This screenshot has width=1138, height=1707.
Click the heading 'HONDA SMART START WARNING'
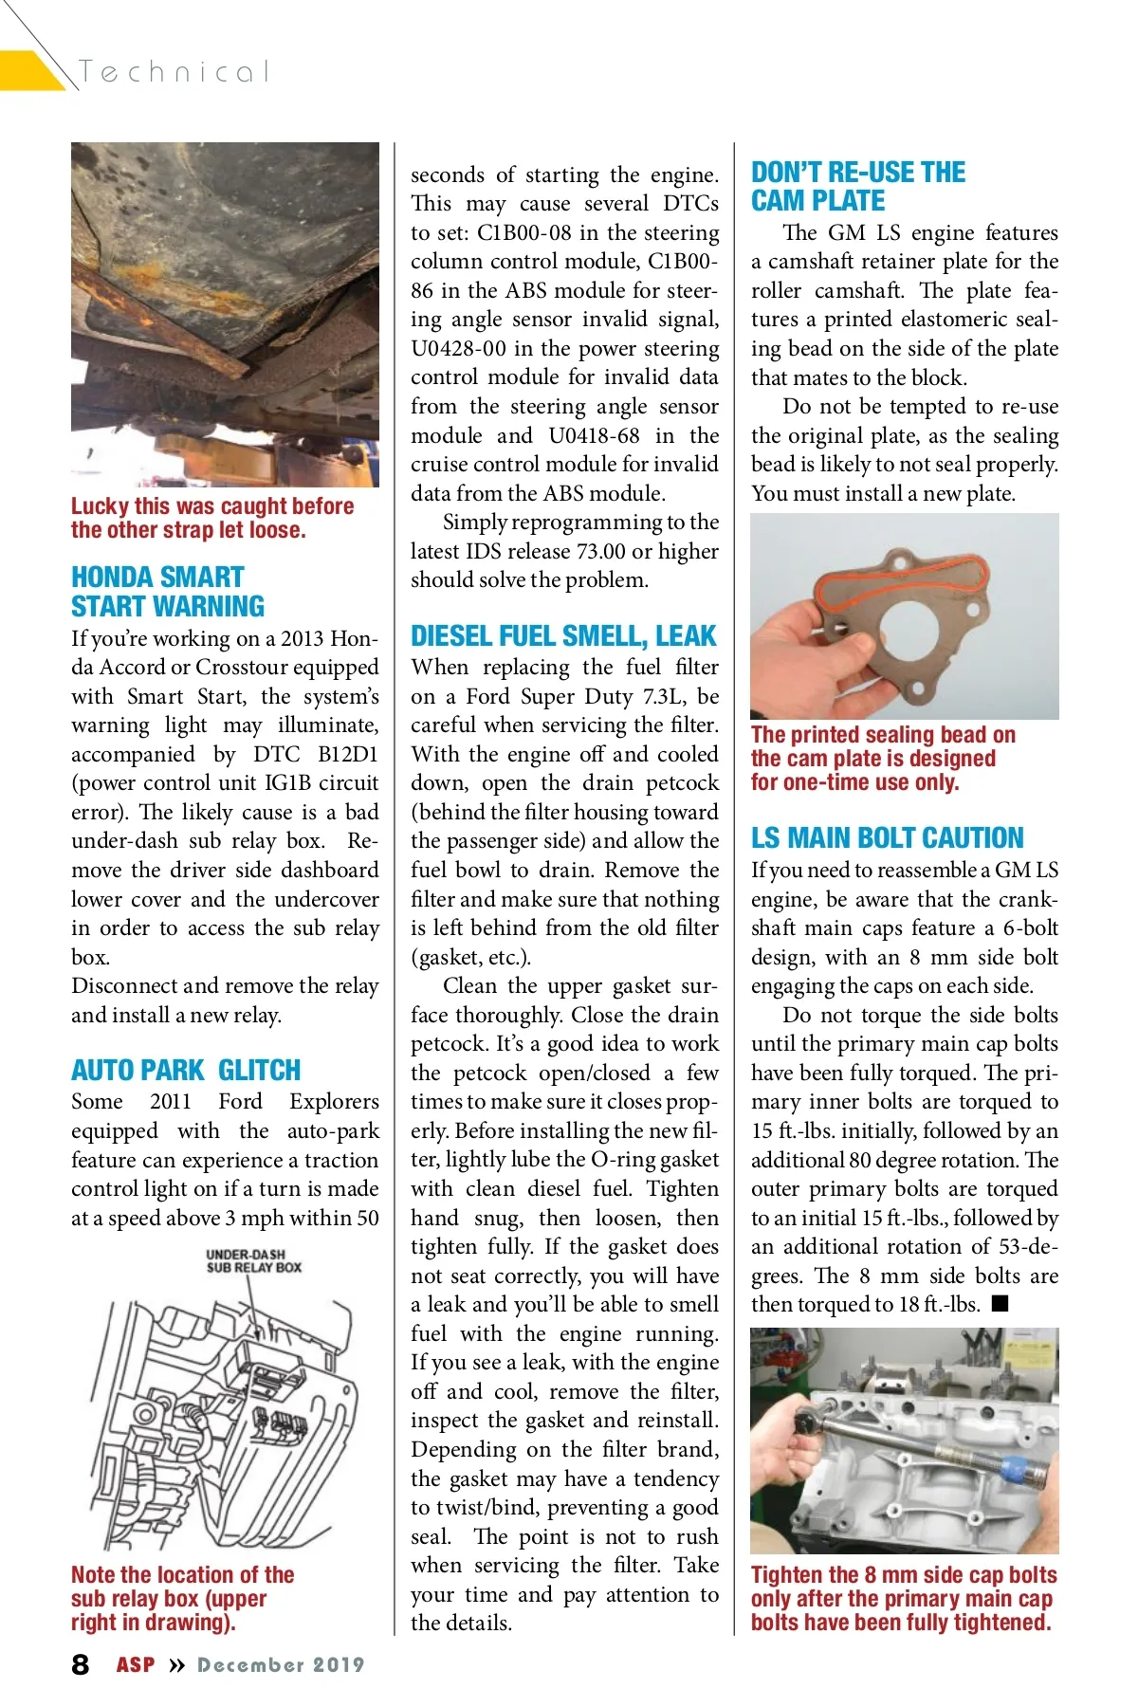(168, 592)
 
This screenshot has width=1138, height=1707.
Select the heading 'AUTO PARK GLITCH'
(186, 1071)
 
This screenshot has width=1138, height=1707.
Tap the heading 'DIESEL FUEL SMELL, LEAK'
(563, 636)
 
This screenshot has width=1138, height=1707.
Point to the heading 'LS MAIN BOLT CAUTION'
(887, 838)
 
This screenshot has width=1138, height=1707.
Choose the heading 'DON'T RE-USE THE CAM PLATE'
(857, 187)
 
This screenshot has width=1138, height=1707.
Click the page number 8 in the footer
(81, 1664)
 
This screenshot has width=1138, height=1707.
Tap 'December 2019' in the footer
(281, 1665)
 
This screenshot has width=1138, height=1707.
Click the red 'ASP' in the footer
(136, 1665)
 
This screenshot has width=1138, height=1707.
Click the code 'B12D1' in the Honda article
(347, 755)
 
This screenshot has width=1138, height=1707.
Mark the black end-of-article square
(1000, 1304)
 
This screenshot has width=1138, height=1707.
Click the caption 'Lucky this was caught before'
(212, 506)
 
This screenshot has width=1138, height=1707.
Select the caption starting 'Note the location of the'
(182, 1575)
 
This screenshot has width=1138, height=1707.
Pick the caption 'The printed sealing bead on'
(883, 735)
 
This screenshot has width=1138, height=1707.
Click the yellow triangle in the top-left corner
(28, 71)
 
